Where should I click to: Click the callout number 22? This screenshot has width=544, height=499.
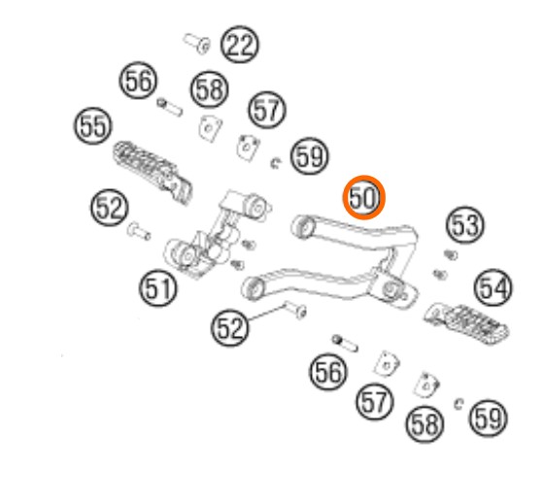click(240, 45)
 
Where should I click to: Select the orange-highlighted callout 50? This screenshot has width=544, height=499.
click(364, 197)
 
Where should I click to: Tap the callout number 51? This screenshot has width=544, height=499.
click(158, 288)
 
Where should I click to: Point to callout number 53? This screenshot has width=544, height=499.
click(465, 224)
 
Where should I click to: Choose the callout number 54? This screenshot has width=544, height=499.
click(493, 287)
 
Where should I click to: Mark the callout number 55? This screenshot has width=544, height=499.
click(93, 125)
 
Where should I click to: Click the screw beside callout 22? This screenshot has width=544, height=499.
click(197, 44)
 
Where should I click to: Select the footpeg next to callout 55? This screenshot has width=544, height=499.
click(153, 172)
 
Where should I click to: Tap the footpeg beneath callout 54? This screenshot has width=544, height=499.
click(466, 323)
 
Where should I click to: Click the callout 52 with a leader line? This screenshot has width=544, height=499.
click(230, 327)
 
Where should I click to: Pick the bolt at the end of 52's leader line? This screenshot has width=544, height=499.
click(295, 309)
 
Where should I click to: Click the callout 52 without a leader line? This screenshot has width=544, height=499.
click(110, 208)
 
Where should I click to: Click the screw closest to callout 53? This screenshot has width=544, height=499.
click(451, 255)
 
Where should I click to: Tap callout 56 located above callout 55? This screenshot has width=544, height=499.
click(138, 81)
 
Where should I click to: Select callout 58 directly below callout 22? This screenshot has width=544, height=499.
click(210, 89)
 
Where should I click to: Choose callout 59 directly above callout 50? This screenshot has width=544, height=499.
click(310, 156)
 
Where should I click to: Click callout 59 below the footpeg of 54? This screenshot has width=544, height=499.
click(488, 417)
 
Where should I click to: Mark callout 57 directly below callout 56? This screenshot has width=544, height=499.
click(375, 402)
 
